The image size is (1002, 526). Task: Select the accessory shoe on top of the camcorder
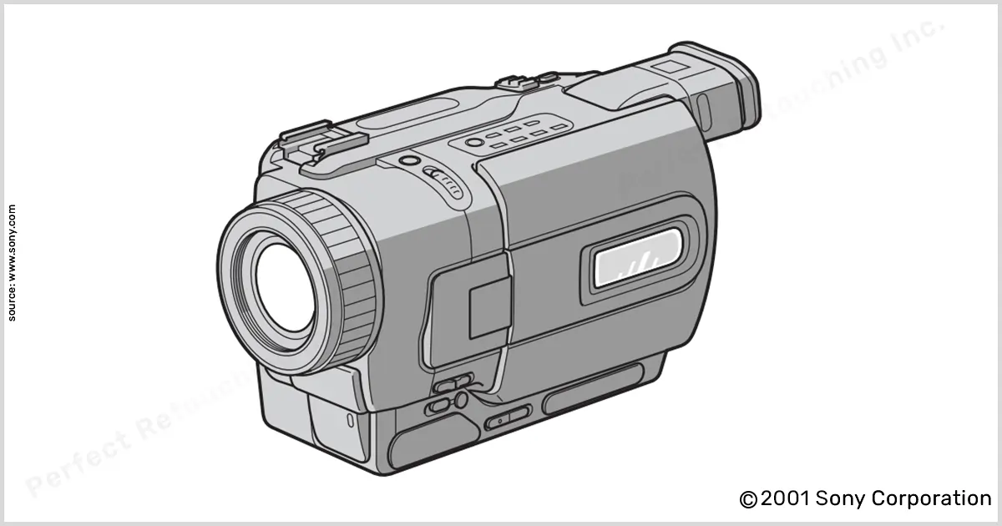[x=317, y=142]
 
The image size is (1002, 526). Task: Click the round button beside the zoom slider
[x=408, y=160]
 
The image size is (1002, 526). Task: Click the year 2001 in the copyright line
[x=785, y=498]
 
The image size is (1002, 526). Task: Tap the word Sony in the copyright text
[x=841, y=498]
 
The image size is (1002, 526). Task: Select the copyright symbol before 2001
[x=748, y=499]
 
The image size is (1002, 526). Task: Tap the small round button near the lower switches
[x=460, y=402]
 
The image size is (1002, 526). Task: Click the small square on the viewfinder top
[x=665, y=66]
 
